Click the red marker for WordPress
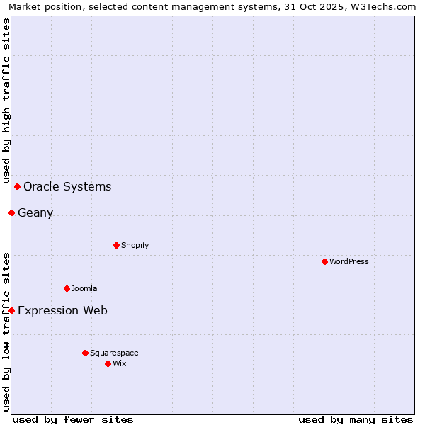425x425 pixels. click(324, 261)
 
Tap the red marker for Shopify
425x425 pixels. click(116, 245)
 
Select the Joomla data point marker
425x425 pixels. click(67, 288)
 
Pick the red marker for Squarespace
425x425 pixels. click(85, 353)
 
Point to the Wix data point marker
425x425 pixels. click(108, 363)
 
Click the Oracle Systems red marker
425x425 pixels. click(17, 186)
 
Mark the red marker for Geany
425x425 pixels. click(11, 212)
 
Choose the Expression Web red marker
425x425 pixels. click(11, 310)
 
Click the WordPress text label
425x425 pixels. click(349, 261)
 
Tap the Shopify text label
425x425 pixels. click(135, 245)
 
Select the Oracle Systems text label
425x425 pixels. click(67, 187)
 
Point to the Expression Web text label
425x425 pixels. click(62, 310)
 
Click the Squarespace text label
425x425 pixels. click(114, 353)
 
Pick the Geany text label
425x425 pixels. click(35, 212)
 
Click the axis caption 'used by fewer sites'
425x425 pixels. click(73, 419)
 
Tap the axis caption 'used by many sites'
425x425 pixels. click(356, 419)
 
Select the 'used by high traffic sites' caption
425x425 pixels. click(6, 101)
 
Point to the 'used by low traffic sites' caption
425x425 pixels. click(6, 331)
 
